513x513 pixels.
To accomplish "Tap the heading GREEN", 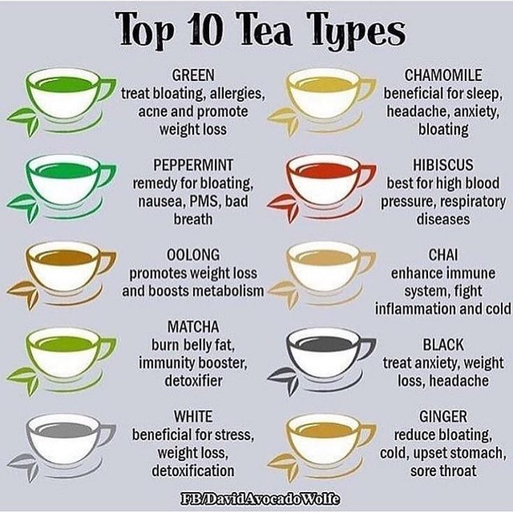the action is [193, 75].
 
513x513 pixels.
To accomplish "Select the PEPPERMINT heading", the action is [193, 164].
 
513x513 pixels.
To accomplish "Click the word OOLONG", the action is [193, 255].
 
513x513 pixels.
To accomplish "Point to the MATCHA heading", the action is [193, 326].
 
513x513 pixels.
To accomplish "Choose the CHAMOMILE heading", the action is [443, 75].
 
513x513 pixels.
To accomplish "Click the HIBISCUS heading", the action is [443, 164].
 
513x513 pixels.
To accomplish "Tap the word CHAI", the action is [443, 255].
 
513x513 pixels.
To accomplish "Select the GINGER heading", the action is [443, 417].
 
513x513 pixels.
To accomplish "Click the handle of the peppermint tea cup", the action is [107, 175].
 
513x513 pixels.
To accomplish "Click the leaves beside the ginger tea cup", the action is [284, 465].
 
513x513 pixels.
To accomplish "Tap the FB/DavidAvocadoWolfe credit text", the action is [261, 499].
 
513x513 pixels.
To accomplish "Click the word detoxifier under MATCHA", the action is [193, 381].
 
